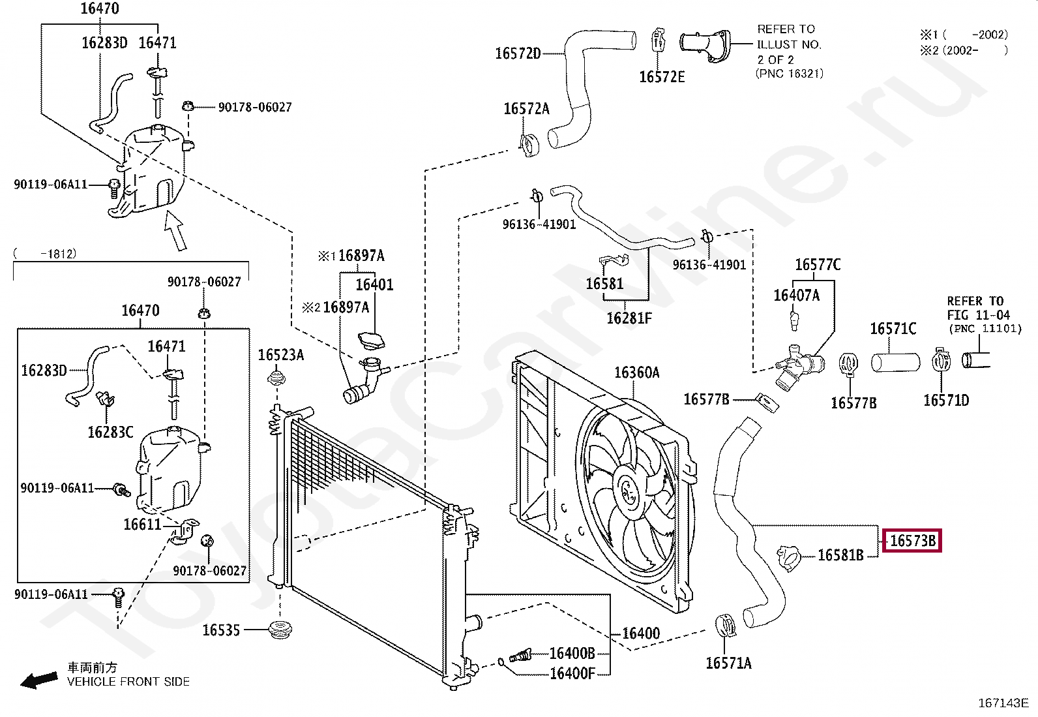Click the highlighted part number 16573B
tap(912, 541)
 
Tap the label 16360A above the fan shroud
tap(637, 373)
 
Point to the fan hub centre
tap(629, 492)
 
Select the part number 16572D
tap(518, 53)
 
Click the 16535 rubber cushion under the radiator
tap(280, 630)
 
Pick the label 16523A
tap(281, 355)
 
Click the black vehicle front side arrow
tap(39, 680)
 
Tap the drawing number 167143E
tap(1003, 703)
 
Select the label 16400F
tap(572, 673)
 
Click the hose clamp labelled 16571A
tap(725, 626)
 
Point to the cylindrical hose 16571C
tap(895, 363)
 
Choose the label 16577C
tap(818, 265)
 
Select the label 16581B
tap(840, 555)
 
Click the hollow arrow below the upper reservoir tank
tap(175, 230)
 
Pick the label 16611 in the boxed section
tap(142, 525)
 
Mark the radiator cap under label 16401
tap(371, 341)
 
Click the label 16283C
tap(110, 433)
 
